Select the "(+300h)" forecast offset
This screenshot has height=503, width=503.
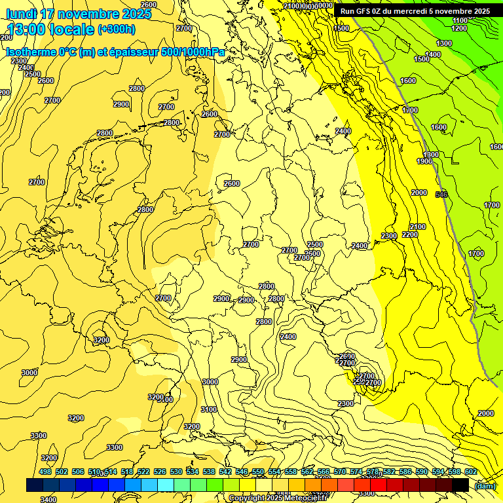coord(117,29)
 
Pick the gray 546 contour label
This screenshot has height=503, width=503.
coord(441,195)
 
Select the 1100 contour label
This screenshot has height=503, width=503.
coord(460,21)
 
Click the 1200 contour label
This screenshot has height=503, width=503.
coord(459,29)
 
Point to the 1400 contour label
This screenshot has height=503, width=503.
coord(433,54)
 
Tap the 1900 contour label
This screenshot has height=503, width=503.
coord(424,161)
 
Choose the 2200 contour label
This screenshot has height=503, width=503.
coord(410,234)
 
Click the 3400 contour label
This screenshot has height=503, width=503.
coord(48,499)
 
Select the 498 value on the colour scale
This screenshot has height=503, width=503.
coord(45,472)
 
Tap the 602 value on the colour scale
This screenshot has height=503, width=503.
coord(471,472)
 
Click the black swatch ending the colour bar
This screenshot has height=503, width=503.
coord(460,485)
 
